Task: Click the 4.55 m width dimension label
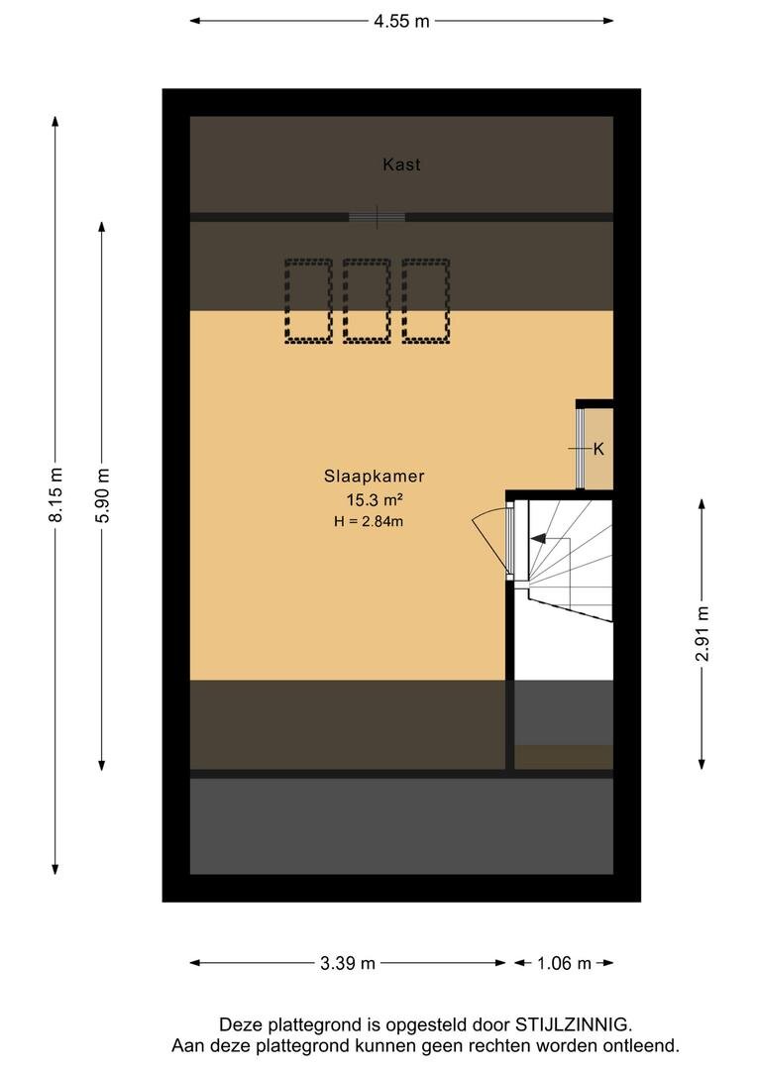click(401, 21)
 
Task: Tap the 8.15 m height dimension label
click(55, 494)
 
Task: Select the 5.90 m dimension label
click(102, 495)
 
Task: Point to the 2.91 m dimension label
click(702, 633)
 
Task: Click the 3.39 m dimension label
click(348, 963)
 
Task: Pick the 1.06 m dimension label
click(564, 963)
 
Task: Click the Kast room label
click(401, 164)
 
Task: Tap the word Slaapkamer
click(375, 477)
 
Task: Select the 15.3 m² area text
click(375, 500)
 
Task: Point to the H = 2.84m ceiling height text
click(369, 522)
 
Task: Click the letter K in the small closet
click(598, 449)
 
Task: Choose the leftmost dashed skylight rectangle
click(308, 300)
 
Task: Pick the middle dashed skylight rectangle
click(368, 300)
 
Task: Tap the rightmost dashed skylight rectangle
click(426, 300)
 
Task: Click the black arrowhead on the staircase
click(539, 538)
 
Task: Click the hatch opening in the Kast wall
click(377, 217)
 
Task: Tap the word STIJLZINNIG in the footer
click(572, 1024)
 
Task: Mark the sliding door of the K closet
click(581, 449)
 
